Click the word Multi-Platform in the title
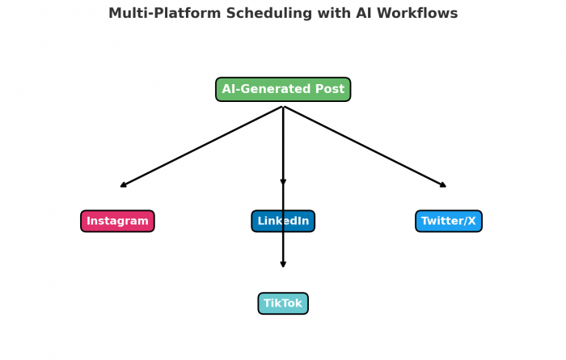tap(165, 14)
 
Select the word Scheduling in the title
tap(269, 14)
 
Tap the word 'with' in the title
tap(334, 13)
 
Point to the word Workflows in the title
tap(417, 13)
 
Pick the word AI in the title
tap(364, 13)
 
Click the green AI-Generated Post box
tap(283, 89)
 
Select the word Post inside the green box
tap(330, 89)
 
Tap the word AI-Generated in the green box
tap(266, 89)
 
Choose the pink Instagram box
tap(117, 221)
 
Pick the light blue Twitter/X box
tap(449, 221)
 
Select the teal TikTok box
tap(283, 303)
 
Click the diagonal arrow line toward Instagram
tap(201, 146)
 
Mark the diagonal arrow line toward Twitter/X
tap(365, 146)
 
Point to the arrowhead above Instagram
tap(124, 184)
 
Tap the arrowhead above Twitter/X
tap(443, 184)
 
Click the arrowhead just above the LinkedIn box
tap(283, 182)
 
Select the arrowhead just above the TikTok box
tap(283, 265)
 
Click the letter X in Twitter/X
tap(471, 221)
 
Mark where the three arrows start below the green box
tap(283, 107)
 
